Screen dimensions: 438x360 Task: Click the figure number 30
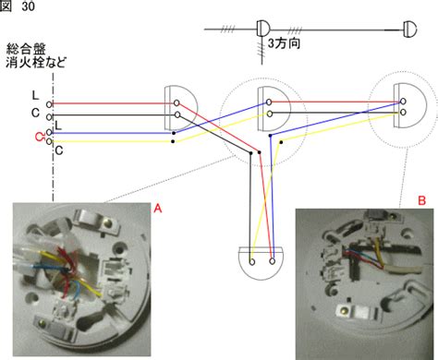[x=28, y=6]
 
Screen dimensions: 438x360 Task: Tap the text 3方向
[x=284, y=43]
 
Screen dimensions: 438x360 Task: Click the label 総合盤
[x=26, y=49]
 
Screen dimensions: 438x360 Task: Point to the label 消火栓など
[x=36, y=63]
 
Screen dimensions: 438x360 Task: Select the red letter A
[x=158, y=209]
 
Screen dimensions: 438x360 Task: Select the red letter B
[x=421, y=200]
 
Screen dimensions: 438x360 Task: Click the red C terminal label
[x=39, y=137]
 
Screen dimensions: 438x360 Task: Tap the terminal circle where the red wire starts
[x=49, y=104]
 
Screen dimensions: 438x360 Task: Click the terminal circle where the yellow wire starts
[x=49, y=142]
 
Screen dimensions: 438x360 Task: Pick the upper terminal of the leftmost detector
[x=176, y=102]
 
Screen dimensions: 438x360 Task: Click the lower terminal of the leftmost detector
[x=177, y=114]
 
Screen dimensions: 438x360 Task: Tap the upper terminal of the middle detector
[x=269, y=102]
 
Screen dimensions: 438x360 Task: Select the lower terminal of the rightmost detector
[x=403, y=113]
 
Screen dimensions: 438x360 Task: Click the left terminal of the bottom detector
[x=252, y=262]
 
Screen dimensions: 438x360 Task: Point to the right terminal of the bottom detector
[x=272, y=261]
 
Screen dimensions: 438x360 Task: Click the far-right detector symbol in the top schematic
[x=410, y=30]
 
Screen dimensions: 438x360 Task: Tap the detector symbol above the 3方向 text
[x=263, y=29]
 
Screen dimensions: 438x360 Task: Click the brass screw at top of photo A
[x=108, y=222]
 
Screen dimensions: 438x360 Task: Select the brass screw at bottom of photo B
[x=343, y=312]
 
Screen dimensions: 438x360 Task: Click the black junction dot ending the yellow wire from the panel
[x=173, y=141]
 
